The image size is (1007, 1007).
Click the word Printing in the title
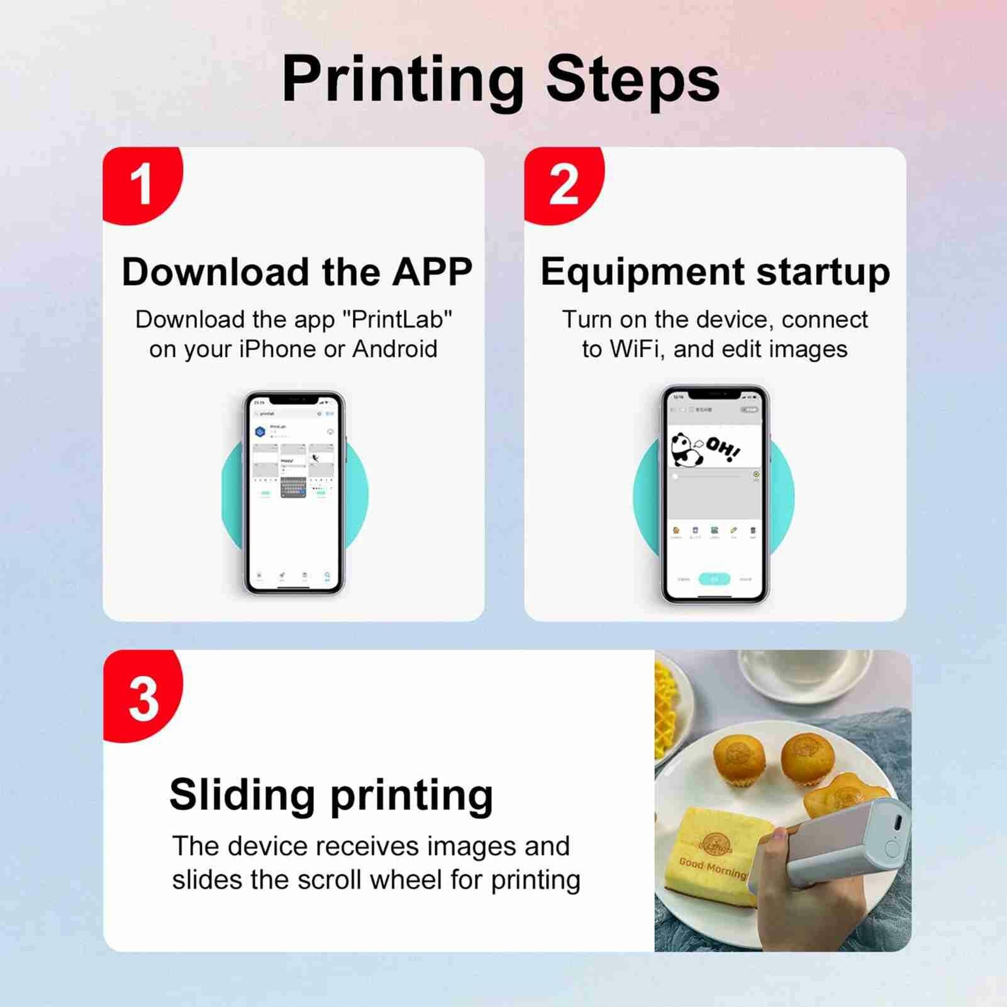coord(403,80)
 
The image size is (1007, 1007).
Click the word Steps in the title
coord(632,80)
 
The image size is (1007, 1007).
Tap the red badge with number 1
coord(142,185)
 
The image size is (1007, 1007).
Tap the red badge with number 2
coord(563,185)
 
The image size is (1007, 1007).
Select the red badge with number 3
coord(143,698)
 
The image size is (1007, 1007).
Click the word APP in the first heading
coord(432,272)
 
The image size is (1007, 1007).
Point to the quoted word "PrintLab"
coord(397,320)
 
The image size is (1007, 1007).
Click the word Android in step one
coord(394,349)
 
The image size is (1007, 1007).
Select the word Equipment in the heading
coord(642,272)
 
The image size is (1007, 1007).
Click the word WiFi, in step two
coord(637,349)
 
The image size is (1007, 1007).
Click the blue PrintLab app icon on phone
coord(260,431)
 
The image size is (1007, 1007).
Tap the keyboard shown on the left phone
coord(293,487)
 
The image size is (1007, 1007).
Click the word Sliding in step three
coord(242,795)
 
